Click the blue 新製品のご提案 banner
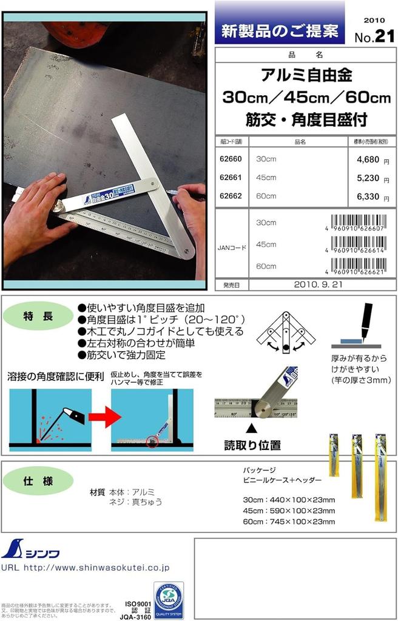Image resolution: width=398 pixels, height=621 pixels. click(x=279, y=30)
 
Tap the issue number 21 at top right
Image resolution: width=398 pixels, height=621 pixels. click(x=384, y=36)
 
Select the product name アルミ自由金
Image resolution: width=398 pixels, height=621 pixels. click(x=306, y=76)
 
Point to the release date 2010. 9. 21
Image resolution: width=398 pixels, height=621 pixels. click(x=319, y=284)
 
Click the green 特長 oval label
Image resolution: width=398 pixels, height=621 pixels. click(x=38, y=316)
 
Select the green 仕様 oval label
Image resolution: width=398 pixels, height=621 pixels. click(x=38, y=481)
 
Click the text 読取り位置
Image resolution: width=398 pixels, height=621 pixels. click(x=252, y=445)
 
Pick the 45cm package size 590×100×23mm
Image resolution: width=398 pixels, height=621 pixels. click(x=289, y=511)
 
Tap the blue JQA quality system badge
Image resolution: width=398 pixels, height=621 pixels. click(x=168, y=600)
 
